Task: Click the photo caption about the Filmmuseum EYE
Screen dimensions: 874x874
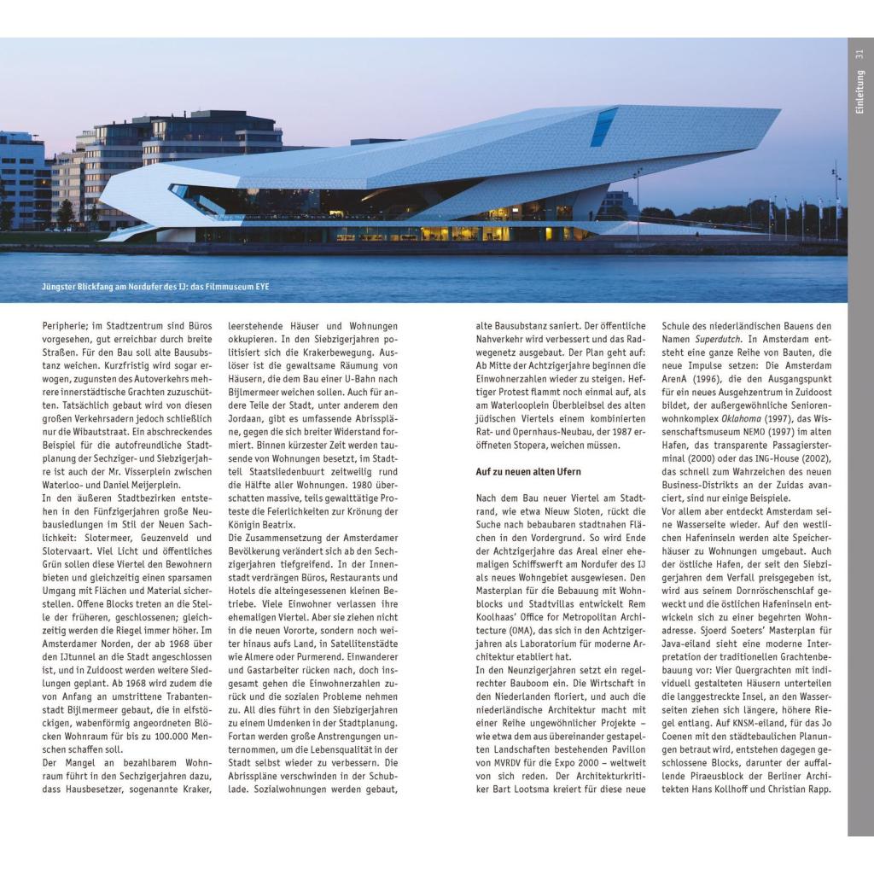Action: [155, 287]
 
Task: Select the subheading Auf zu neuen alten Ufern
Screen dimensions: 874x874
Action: [528, 471]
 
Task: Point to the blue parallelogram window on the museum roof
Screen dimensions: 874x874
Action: [603, 126]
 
